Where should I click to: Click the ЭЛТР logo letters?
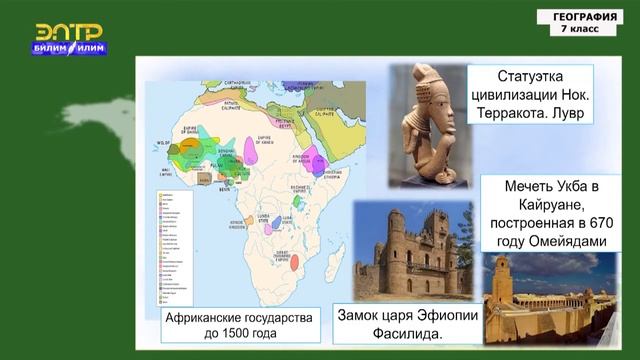[70, 31]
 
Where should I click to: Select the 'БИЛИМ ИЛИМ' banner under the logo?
[70, 48]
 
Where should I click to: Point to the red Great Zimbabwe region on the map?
[296, 262]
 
